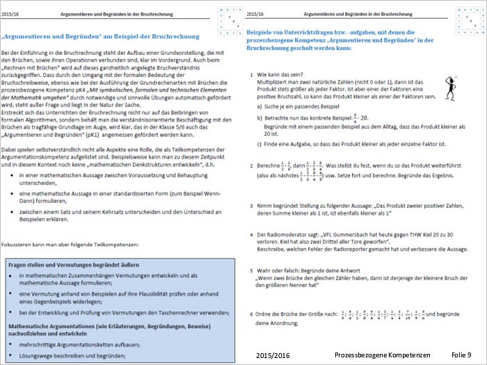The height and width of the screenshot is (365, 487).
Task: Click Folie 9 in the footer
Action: (x=461, y=355)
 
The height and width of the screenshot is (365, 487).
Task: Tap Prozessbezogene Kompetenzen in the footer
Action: (x=383, y=355)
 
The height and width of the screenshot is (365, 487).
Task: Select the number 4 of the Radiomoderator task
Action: (x=250, y=234)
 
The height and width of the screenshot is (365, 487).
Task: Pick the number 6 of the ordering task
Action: (x=250, y=314)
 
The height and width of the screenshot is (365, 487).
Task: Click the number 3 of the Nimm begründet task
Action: (x=250, y=206)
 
